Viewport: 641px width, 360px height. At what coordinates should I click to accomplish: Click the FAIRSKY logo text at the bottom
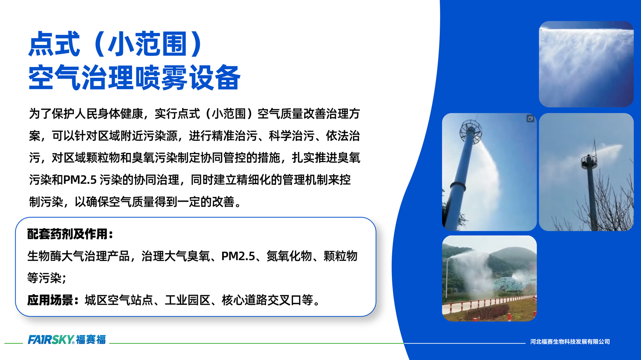tap(51, 340)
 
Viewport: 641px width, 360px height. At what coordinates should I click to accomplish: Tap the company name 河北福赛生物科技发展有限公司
tap(570, 341)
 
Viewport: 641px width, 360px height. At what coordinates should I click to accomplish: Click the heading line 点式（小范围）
tap(116, 44)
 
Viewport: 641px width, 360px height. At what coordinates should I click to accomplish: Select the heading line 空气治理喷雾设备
tap(134, 77)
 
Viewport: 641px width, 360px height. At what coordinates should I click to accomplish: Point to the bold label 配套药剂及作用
tap(70, 234)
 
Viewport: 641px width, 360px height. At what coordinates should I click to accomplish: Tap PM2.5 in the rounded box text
tap(238, 256)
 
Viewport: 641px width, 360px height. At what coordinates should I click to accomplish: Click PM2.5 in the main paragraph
tap(80, 180)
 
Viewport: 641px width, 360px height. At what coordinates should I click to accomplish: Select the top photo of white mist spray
tap(586, 64)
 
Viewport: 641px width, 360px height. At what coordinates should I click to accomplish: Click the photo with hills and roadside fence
tap(489, 278)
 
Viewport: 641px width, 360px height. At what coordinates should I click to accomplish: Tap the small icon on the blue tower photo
tap(530, 119)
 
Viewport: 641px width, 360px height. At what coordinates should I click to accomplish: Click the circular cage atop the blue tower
tap(471, 132)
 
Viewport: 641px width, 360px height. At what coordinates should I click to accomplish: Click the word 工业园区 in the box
tap(188, 300)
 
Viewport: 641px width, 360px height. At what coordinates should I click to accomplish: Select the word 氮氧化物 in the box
tap(289, 256)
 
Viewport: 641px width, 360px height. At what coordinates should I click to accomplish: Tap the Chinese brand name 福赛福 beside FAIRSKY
tap(91, 340)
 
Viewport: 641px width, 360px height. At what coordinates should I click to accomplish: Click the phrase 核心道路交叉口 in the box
tap(262, 300)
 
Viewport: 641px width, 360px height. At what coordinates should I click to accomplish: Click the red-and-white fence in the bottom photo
tap(489, 304)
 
